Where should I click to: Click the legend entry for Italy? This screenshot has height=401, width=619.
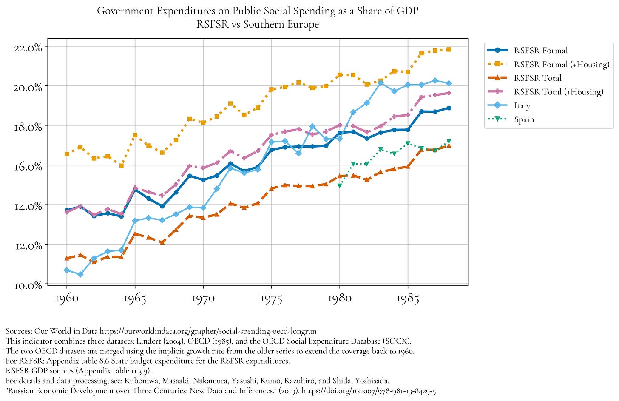click(522, 106)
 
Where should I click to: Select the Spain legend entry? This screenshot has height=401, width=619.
click(524, 119)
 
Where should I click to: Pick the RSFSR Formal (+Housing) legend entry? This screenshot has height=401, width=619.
click(561, 65)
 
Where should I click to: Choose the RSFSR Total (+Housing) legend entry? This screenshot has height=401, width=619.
click(558, 92)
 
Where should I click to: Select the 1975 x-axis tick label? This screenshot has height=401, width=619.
click(271, 299)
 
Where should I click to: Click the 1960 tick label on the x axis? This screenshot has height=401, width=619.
click(67, 299)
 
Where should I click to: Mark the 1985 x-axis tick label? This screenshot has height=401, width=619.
click(408, 299)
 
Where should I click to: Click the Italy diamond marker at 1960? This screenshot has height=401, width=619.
click(67, 270)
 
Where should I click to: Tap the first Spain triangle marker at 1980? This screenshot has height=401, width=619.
click(340, 186)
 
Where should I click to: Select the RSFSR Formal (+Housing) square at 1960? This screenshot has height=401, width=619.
click(67, 154)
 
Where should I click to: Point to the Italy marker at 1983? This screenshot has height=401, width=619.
click(380, 83)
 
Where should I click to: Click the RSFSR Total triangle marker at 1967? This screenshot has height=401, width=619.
click(162, 242)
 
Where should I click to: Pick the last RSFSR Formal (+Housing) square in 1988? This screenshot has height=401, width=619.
click(449, 50)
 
